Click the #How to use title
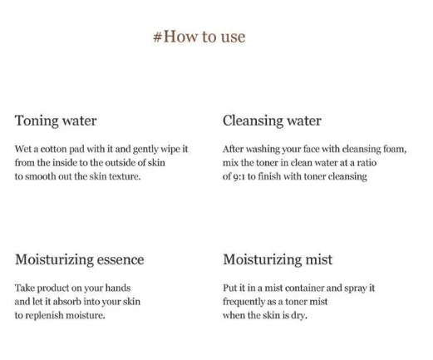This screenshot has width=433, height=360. pos(199,37)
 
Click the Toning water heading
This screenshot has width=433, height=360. pos(56,121)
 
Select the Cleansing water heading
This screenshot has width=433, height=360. pos(272,121)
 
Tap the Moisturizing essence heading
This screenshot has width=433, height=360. pos(80,259)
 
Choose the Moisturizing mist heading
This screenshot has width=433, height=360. pos(278,259)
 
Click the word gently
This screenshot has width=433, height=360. pos(145,150)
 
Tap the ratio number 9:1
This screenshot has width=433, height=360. pos(239,177)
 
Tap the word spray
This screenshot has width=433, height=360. pos(356,288)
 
